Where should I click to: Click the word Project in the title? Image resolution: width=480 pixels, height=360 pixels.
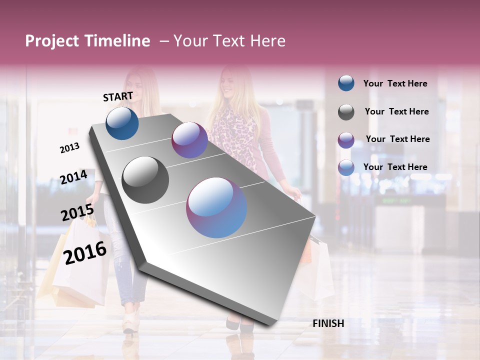click(50, 41)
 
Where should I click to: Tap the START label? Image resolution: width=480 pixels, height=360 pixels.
click(118, 96)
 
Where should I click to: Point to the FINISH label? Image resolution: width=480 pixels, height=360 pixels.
click(328, 323)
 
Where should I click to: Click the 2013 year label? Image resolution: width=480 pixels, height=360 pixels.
click(69, 148)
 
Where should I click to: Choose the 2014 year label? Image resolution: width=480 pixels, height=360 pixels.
click(73, 177)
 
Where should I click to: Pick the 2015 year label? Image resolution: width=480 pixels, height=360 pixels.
click(77, 213)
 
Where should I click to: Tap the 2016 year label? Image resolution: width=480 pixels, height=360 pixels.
click(85, 252)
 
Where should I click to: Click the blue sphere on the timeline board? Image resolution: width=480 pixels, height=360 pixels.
click(122, 123)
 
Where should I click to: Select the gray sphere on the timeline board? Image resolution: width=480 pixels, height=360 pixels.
click(145, 180)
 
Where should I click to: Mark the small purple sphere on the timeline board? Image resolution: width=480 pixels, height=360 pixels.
click(189, 140)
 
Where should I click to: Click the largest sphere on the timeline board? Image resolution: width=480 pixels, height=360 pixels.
click(216, 207)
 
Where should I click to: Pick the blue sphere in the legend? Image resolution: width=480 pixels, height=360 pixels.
click(346, 83)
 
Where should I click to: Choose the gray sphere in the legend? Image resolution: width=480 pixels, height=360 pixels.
click(346, 112)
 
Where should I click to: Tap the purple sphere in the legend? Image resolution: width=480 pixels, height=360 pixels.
click(346, 139)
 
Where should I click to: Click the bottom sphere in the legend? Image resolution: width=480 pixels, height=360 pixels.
click(346, 167)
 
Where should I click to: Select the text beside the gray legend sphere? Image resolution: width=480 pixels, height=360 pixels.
click(396, 111)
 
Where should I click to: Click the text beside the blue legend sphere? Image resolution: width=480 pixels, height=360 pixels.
click(395, 83)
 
